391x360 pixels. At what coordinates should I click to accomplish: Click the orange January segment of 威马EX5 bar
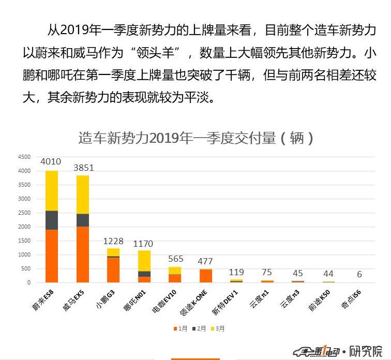[x=83, y=254]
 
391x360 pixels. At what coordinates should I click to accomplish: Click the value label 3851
[x=83, y=167]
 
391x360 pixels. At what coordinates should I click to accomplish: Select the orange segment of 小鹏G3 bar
[x=113, y=269]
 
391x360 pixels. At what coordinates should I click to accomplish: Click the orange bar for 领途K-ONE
[x=206, y=276]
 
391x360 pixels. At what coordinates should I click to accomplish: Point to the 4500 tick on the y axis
[x=24, y=157]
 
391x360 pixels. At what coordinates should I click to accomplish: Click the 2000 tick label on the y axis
[x=24, y=227]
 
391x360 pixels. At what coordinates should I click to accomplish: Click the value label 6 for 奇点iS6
[x=359, y=275]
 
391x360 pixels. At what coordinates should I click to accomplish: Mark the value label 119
[x=236, y=272]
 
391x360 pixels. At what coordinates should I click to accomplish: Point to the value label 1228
[x=113, y=241]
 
